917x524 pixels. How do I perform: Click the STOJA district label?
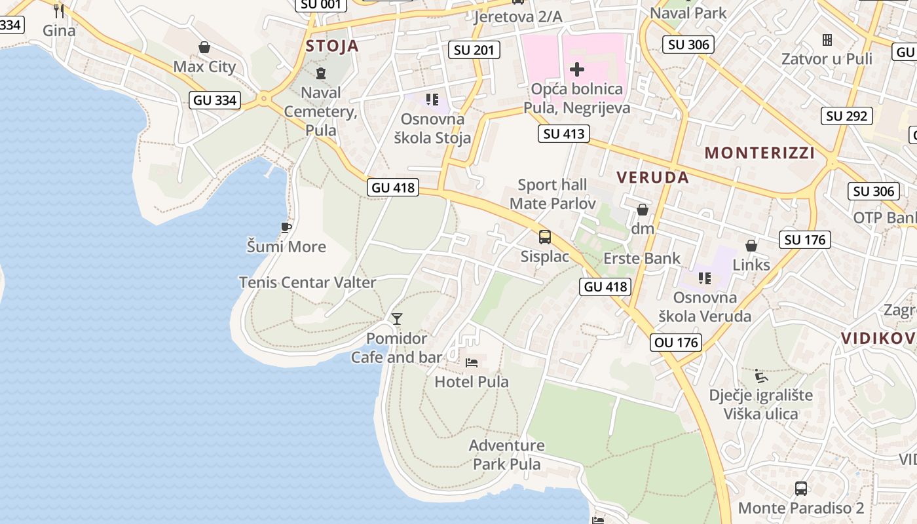[x=333, y=46]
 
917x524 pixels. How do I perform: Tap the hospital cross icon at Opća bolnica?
[x=577, y=69]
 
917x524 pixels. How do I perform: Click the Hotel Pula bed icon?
[x=472, y=362]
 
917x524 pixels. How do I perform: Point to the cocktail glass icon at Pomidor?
[x=396, y=319]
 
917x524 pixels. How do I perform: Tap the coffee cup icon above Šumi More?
[x=286, y=227]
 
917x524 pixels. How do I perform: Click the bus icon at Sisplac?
[x=545, y=237]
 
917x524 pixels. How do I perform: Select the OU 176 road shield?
[x=677, y=342]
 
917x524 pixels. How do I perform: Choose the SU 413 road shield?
[x=564, y=134]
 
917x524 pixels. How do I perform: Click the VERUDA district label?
[x=652, y=177]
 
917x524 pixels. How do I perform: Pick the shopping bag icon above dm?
[x=643, y=210]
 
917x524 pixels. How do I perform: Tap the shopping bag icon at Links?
[x=751, y=246]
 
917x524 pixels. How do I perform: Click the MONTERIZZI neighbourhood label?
[x=759, y=153]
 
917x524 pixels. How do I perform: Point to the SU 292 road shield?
[x=847, y=116]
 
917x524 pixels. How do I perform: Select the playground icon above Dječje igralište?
[x=760, y=375]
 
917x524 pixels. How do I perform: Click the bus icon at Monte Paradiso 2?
[x=800, y=488]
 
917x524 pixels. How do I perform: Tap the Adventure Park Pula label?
[x=507, y=455]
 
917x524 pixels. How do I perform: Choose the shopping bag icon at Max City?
[x=204, y=47]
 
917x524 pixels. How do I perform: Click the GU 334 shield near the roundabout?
[x=215, y=100]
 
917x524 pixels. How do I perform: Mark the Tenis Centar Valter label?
[x=307, y=282]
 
